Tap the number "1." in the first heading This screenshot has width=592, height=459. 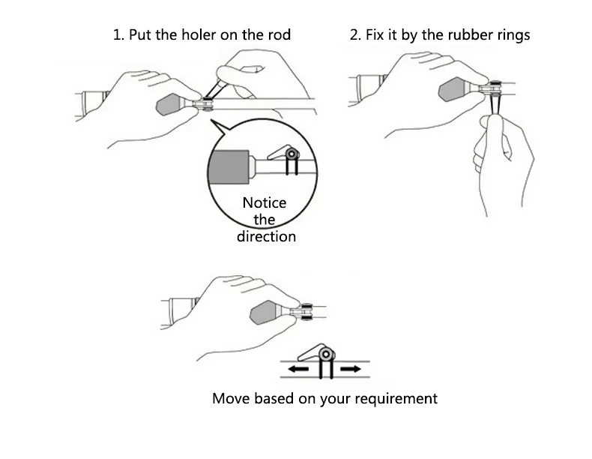coord(118,35)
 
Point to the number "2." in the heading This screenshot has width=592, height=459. coord(356,35)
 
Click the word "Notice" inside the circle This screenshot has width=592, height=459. coord(264,203)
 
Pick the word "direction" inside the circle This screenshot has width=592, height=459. coord(266,236)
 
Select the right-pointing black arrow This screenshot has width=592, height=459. coord(350,370)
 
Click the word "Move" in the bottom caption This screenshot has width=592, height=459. coord(231,398)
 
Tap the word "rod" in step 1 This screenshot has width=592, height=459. coord(279,35)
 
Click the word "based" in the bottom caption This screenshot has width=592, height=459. coord(281,398)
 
